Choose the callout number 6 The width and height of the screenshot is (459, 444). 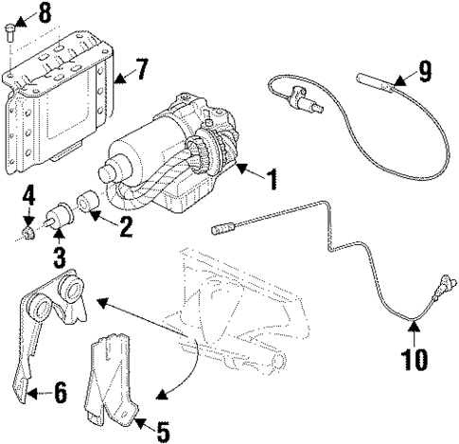(60, 392)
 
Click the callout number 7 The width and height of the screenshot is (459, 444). (141, 71)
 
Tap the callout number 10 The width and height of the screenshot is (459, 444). (414, 360)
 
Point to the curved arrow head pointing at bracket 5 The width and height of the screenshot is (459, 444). (158, 392)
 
